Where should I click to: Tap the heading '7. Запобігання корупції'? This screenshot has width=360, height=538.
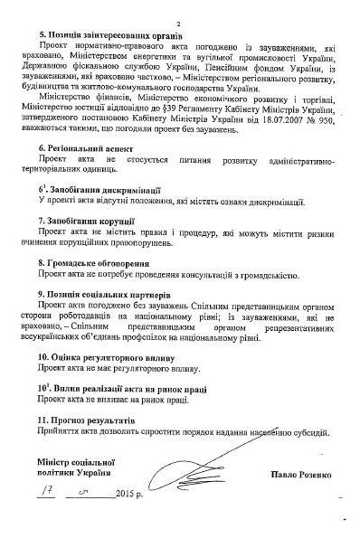click(x=85, y=219)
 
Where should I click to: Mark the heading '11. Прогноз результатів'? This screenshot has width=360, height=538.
click(x=84, y=420)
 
